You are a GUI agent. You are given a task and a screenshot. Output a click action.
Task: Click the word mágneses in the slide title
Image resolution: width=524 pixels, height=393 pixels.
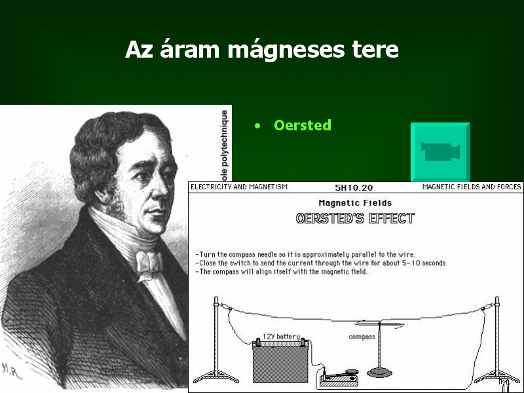tap(286, 50)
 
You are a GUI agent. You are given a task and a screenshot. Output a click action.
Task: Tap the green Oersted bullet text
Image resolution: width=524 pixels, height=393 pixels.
tap(303, 125)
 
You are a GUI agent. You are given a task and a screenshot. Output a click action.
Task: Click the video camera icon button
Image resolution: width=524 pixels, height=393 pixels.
tap(440, 152)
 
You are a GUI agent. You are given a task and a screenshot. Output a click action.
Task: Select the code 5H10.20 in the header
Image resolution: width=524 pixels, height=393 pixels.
tap(354, 187)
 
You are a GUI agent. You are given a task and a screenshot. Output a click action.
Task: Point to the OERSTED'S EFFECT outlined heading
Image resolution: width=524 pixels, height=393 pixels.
tap(355, 219)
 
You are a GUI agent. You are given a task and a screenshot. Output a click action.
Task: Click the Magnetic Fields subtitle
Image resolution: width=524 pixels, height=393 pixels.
tap(355, 203)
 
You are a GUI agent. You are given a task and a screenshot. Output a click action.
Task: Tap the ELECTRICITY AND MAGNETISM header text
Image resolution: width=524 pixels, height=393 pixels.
tap(239, 187)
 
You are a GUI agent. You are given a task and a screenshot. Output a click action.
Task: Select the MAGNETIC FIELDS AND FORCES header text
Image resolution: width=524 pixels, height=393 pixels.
tap(472, 187)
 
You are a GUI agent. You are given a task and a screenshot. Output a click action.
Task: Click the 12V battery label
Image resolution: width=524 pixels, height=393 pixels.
tap(281, 337)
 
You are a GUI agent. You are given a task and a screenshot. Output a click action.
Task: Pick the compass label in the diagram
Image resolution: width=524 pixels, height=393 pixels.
tap(362, 337)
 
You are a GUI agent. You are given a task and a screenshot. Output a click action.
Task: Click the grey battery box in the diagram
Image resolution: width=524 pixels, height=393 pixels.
tap(280, 363)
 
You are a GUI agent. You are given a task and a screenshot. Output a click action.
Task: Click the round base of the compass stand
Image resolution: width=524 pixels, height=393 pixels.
tap(379, 372)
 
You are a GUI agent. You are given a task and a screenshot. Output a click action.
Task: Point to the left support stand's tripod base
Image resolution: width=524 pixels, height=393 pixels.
tap(216, 377)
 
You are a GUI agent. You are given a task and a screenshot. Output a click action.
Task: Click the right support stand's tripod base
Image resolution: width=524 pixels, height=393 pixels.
tap(497, 377)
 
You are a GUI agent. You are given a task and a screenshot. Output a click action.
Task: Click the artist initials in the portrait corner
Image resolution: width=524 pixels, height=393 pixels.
tap(11, 370)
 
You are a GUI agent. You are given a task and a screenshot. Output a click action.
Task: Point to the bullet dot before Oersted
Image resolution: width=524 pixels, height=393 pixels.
tap(257, 126)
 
